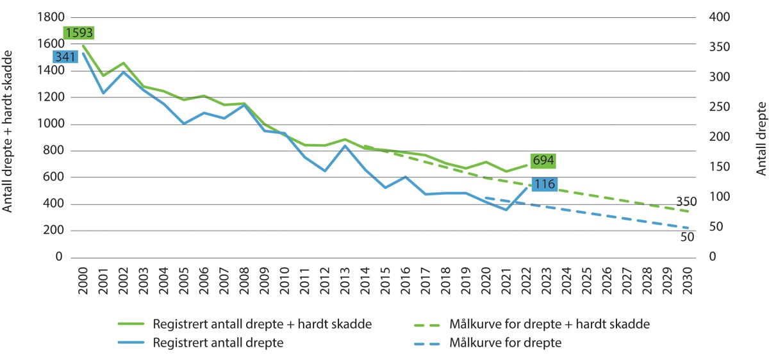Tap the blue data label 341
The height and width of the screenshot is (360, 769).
pos(65,56)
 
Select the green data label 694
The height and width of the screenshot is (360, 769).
pos(543,160)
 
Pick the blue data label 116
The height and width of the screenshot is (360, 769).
pos(544,184)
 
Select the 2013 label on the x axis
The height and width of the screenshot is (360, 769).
pos(345,279)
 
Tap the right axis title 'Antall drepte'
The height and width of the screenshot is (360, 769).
pos(761,138)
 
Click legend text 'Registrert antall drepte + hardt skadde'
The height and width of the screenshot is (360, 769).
pos(262,324)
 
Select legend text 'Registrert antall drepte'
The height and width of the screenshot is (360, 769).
pos(219,343)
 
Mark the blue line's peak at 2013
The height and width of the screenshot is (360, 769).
pos(345,145)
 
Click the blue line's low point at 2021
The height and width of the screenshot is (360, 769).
pos(507,209)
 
